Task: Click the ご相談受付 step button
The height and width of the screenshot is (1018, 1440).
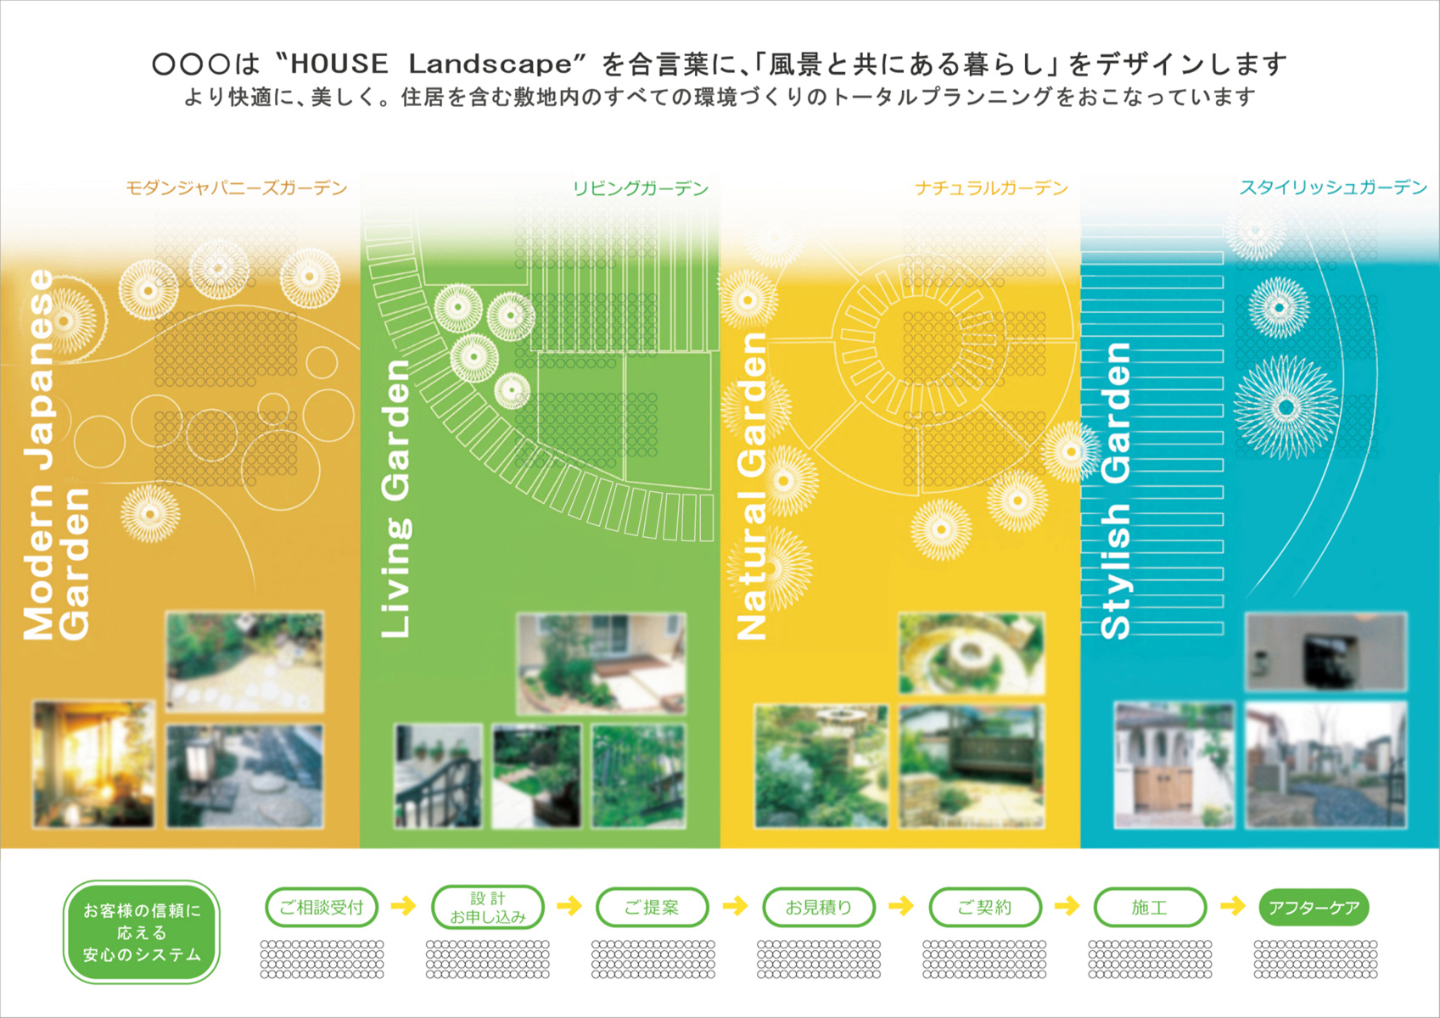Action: (x=322, y=907)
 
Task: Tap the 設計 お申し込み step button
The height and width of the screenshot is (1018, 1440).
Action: (x=488, y=907)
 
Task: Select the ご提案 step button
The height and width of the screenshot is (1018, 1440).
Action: (x=653, y=907)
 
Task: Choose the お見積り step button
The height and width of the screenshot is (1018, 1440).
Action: (x=819, y=907)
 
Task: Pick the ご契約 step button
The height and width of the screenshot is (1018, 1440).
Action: (x=985, y=907)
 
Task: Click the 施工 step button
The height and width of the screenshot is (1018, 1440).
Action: (x=1150, y=907)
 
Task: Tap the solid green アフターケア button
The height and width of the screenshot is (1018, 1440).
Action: (x=1314, y=907)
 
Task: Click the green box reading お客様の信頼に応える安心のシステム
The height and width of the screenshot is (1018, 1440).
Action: (x=142, y=931)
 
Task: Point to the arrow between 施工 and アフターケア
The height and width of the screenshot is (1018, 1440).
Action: (x=1232, y=906)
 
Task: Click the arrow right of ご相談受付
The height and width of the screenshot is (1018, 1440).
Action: (x=403, y=906)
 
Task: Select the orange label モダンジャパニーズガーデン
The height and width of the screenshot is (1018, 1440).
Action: (x=236, y=187)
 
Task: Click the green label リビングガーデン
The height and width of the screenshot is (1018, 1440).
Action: (x=641, y=187)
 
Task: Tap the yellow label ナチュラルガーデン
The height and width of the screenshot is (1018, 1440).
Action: (x=991, y=187)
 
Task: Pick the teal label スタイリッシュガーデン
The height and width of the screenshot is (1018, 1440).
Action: (x=1333, y=187)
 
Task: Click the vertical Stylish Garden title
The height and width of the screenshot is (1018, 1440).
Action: (x=1115, y=491)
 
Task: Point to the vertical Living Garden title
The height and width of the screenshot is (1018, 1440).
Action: (x=395, y=499)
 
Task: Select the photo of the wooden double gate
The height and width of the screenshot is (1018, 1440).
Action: (x=1174, y=765)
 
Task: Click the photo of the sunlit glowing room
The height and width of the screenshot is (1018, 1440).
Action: (x=94, y=764)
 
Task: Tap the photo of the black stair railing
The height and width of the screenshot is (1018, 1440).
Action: (x=438, y=775)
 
